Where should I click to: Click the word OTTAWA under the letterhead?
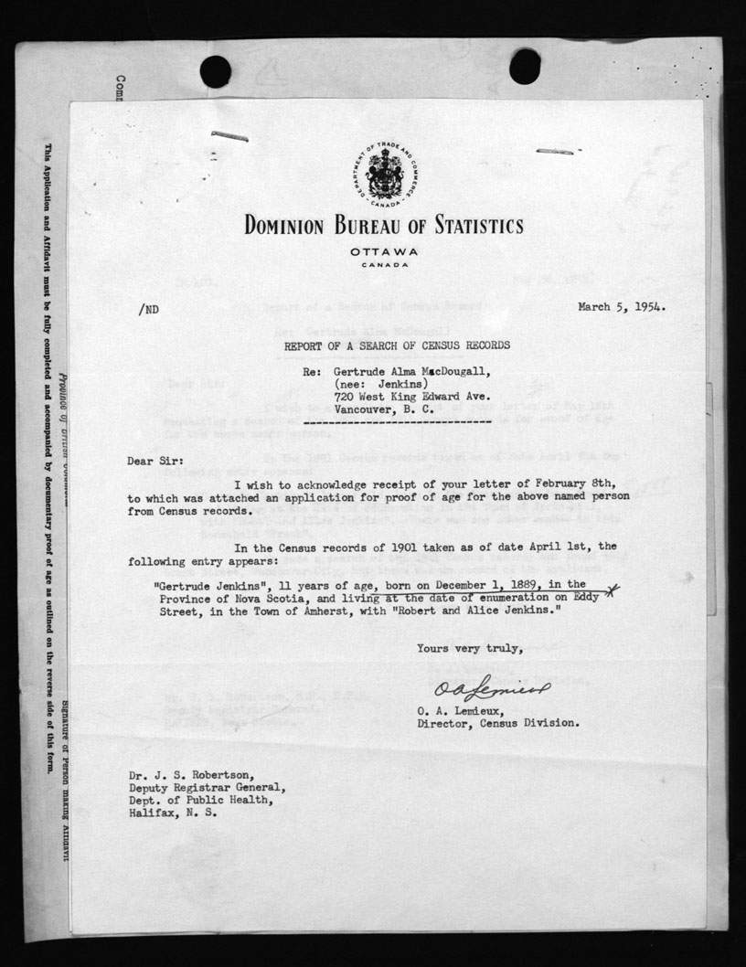(383, 251)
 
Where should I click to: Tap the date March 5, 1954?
(622, 307)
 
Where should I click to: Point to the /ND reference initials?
(147, 310)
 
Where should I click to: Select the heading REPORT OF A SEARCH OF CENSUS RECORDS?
(384, 345)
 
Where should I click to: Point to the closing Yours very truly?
(470, 649)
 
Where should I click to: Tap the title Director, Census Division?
(496, 723)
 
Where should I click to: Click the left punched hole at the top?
(215, 71)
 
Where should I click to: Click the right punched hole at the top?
(525, 66)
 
